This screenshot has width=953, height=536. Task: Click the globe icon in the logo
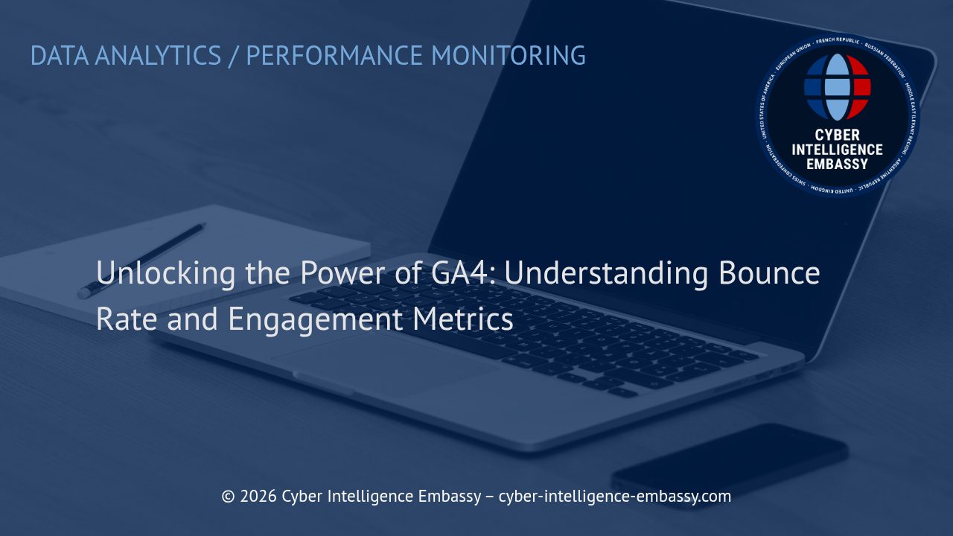pos(838,87)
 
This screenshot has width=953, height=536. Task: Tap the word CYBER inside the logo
pos(838,135)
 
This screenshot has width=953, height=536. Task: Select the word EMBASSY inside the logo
pos(838,164)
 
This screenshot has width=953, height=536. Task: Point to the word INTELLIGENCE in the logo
pos(838,150)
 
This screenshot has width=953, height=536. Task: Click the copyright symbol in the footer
pos(228,497)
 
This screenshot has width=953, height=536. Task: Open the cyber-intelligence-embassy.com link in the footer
pos(614,497)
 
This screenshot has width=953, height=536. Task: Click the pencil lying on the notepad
pos(141,260)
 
